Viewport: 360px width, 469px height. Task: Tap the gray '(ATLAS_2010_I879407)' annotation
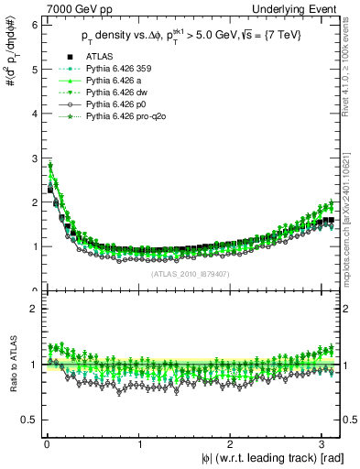191,273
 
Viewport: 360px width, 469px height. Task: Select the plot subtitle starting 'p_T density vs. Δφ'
192,37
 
